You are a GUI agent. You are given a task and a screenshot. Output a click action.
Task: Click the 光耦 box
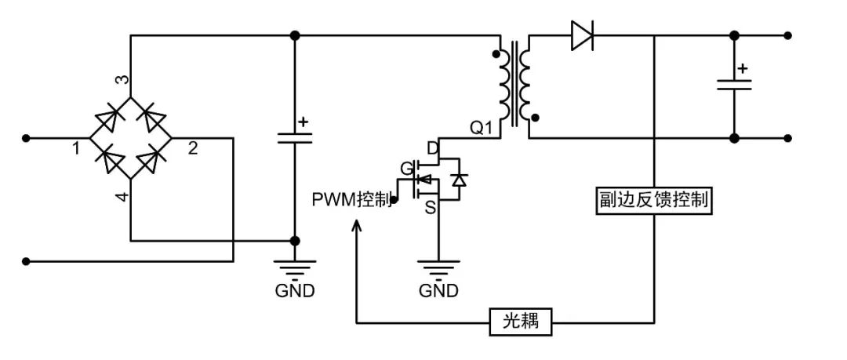(521, 321)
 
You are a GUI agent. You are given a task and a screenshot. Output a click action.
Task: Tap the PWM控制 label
(351, 200)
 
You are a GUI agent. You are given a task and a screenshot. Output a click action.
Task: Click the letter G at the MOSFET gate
(406, 167)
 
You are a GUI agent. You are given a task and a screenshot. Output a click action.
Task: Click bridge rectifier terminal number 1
(77, 147)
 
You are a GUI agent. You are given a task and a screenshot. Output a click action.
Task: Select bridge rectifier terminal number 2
(192, 147)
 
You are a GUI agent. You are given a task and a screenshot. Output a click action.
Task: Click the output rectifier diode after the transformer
(581, 35)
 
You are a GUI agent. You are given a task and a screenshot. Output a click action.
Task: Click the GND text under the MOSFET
(438, 291)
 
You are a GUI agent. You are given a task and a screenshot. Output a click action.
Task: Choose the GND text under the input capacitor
(295, 291)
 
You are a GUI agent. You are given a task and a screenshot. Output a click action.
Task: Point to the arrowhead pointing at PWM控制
(357, 225)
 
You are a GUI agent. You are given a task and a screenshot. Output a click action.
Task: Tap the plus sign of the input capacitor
(304, 122)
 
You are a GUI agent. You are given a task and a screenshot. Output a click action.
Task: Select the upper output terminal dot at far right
(788, 35)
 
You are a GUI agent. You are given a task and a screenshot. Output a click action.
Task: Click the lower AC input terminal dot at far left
(27, 261)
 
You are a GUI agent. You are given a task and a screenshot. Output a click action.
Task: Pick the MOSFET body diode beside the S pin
(460, 180)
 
